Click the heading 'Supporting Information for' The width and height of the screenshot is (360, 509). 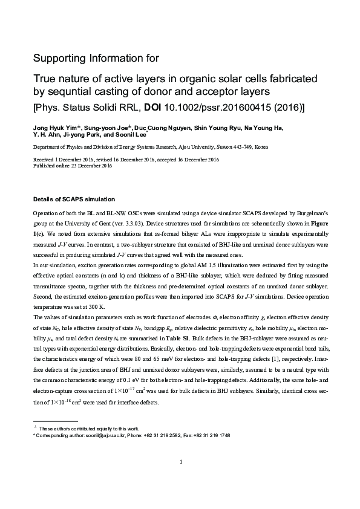tap(96, 59)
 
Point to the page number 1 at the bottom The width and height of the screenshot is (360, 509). tap(181, 462)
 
